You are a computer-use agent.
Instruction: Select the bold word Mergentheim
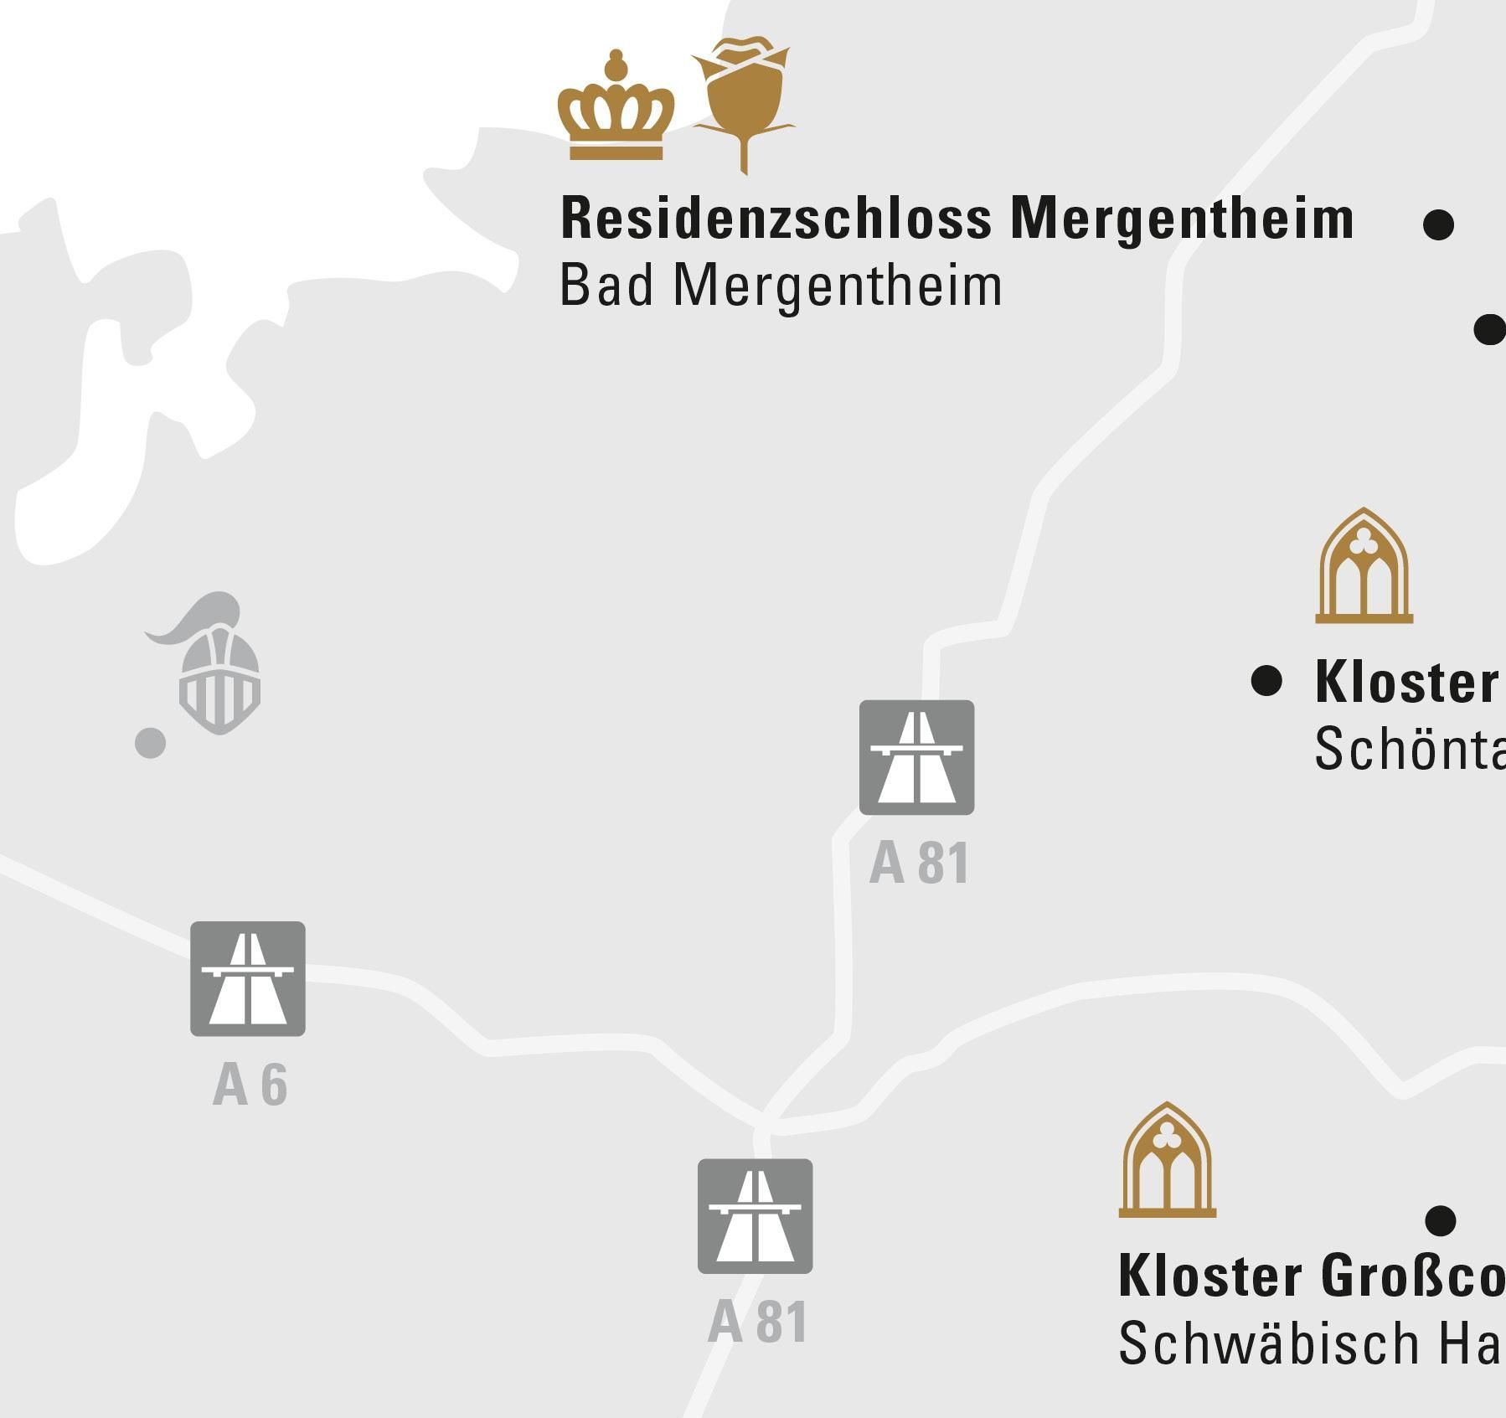[1182, 218]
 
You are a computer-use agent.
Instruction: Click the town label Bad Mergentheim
[780, 286]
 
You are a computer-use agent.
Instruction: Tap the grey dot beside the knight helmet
[151, 742]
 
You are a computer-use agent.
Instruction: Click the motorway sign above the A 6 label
[248, 978]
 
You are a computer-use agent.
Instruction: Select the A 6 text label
[250, 1085]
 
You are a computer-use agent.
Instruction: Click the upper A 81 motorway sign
[916, 757]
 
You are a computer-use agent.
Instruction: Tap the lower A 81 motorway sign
[755, 1216]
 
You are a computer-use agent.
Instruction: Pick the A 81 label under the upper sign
[919, 864]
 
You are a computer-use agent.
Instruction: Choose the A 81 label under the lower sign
[757, 1323]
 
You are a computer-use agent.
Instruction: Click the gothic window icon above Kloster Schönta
[1364, 568]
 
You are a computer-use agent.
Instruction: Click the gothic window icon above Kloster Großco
[1167, 1162]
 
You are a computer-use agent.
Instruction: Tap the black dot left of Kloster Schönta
[1266, 681]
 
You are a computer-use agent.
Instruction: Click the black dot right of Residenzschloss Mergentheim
[1438, 224]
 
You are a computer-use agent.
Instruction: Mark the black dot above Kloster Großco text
[1440, 1219]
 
